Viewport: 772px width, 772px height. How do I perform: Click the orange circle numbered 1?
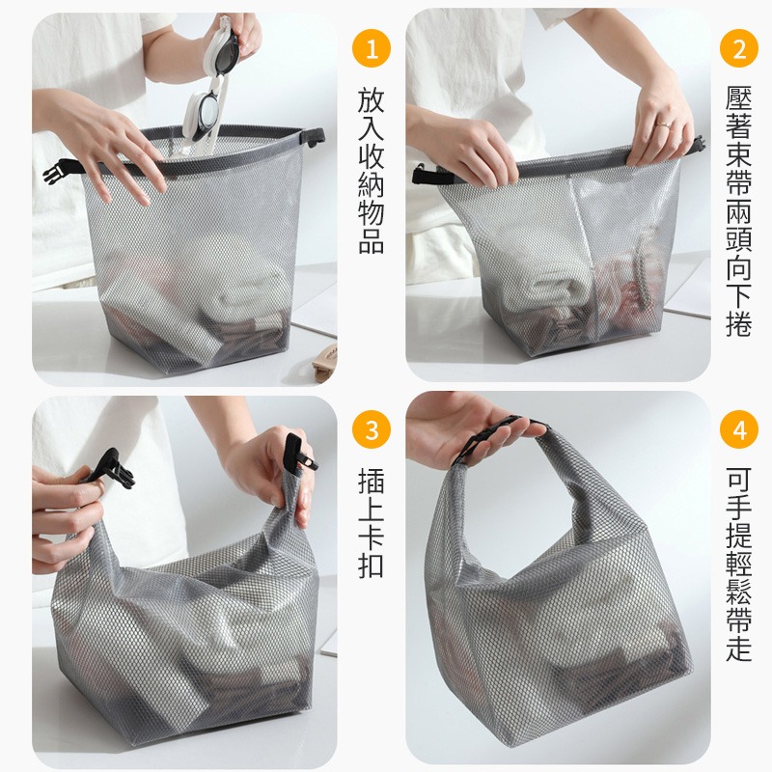[372, 47]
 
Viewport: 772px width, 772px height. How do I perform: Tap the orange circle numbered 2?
[739, 47]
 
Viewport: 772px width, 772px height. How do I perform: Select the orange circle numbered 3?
[372, 429]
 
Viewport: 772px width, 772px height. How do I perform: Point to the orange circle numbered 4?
[739, 429]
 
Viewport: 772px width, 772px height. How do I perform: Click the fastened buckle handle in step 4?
[502, 437]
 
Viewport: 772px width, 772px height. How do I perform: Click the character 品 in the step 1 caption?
[372, 240]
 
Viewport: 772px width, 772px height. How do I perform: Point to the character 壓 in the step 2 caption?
[739, 97]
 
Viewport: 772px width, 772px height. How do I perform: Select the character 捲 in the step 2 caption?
[739, 324]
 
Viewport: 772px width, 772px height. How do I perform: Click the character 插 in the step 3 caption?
[372, 480]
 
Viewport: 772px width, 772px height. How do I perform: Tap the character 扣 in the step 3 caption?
[372, 565]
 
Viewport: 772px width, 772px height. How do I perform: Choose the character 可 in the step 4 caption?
[739, 480]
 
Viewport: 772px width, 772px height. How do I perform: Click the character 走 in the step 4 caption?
[739, 649]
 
